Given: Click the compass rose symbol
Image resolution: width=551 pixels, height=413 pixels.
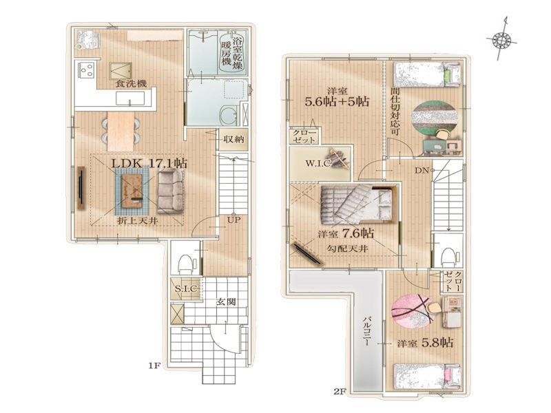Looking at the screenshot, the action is [x=501, y=40].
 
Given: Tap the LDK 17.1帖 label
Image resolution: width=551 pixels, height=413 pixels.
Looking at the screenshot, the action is [x=149, y=163].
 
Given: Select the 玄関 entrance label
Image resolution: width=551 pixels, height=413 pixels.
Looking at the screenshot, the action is [x=226, y=301].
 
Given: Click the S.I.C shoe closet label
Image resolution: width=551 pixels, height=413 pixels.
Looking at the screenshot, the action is [x=187, y=289].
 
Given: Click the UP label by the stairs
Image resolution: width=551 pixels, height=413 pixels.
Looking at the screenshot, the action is [x=233, y=220].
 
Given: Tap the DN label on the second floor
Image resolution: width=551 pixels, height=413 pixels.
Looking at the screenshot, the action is [x=422, y=171].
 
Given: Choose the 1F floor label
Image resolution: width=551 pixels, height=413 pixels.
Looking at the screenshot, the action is [x=154, y=366].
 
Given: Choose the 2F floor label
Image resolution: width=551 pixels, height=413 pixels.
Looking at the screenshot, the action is [x=340, y=391].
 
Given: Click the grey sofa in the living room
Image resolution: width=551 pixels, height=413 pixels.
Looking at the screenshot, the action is [x=170, y=191].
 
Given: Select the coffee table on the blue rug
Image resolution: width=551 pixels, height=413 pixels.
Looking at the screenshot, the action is [x=132, y=191].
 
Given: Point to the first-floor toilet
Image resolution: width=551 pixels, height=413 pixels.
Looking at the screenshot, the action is [x=185, y=264].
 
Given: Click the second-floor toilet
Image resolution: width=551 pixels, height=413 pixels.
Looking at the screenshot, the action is [x=448, y=257].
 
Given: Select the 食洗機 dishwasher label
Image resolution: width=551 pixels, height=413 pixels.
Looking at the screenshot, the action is [x=131, y=84].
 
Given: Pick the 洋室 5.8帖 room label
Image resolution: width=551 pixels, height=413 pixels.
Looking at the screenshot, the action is [x=425, y=342].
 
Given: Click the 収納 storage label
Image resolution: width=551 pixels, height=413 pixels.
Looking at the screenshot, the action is [x=233, y=139].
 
